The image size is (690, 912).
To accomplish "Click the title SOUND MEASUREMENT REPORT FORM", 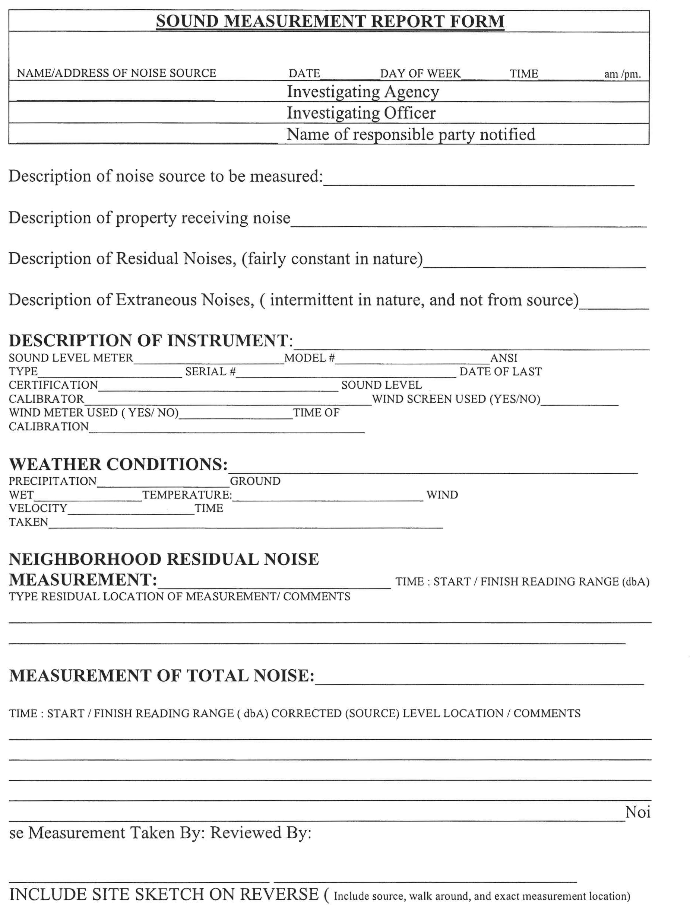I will pos(330,22).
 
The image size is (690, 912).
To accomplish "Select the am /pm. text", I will pos(622,74).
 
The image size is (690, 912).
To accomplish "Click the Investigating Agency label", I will pos(363,92).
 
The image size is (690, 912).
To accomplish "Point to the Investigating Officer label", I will pos(361,113).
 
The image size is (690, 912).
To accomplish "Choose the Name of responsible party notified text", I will pos(411,134).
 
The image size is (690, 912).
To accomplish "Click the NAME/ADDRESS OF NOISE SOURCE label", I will pos(116,73).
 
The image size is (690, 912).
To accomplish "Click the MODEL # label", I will pos(309,358).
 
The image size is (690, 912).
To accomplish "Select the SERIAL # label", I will pos(210,372).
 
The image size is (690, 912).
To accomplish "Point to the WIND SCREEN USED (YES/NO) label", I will pos(456,399).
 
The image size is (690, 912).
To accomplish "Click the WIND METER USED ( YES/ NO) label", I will pos(94,413).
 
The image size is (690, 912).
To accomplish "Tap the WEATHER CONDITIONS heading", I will pos(118,464).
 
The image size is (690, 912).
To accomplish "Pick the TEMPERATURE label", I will pos(187,495).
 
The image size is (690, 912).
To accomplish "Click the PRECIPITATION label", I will pos(53,481).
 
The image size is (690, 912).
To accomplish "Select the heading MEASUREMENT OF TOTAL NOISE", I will pos(161,676).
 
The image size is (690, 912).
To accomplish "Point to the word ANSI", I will pos(503,358).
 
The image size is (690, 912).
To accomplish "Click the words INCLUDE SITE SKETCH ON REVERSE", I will pos(164,894).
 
